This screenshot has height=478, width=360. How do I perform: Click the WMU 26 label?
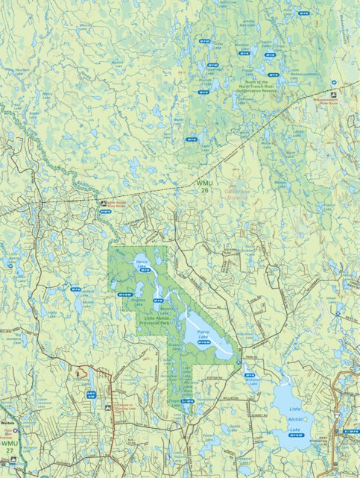pyautogui.click(x=203, y=186)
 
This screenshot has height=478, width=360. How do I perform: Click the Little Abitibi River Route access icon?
pyautogui.click(x=102, y=201)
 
